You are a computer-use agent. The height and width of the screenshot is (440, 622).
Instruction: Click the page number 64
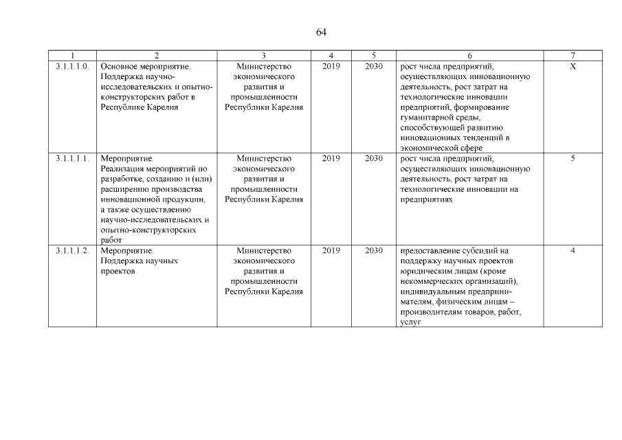click(321, 32)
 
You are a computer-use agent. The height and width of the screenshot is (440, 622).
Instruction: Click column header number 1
click(72, 55)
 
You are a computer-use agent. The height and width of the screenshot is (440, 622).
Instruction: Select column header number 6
click(469, 55)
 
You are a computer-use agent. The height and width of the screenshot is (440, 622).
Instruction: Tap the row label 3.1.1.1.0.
click(72, 66)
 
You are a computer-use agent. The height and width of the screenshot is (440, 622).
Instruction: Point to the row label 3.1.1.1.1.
click(72, 158)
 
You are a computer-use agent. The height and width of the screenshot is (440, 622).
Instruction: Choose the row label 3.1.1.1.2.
click(72, 251)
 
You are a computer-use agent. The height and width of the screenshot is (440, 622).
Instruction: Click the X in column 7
click(573, 66)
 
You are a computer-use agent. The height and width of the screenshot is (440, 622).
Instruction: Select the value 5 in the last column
click(573, 158)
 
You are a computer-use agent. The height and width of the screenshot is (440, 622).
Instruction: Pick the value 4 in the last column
click(573, 251)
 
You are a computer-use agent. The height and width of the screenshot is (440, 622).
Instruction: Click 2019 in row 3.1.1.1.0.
click(331, 66)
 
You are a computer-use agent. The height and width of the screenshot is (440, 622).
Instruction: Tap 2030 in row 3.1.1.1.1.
click(374, 158)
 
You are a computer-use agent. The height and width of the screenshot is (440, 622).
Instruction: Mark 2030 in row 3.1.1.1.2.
click(374, 251)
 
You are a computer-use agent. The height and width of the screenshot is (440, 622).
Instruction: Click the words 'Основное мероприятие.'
click(145, 66)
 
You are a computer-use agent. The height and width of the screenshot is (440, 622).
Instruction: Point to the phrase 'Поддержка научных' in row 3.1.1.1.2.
click(140, 261)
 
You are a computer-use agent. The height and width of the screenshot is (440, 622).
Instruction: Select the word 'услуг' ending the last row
click(410, 323)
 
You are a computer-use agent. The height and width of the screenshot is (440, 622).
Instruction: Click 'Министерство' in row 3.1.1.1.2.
click(264, 251)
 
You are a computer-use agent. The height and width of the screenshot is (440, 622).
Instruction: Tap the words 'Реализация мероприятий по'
click(153, 168)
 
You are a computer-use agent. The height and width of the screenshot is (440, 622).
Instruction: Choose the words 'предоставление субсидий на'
click(454, 251)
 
